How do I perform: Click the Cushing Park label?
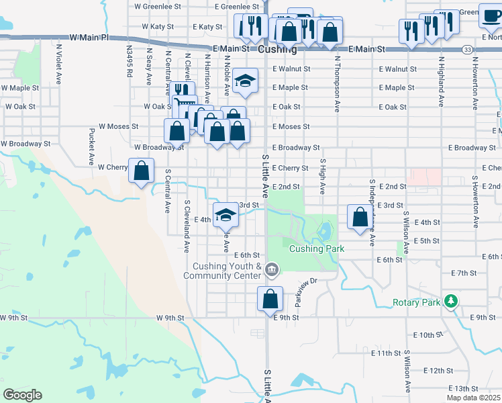317,249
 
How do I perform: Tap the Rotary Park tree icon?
453,302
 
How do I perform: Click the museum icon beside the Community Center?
272,271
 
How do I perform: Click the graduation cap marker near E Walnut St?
246,81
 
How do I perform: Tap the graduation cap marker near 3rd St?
226,215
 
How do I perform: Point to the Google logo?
22,395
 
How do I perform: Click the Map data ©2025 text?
474,397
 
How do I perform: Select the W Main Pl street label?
88,38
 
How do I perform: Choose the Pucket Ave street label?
91,147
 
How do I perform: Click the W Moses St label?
118,126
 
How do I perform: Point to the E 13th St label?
468,389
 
